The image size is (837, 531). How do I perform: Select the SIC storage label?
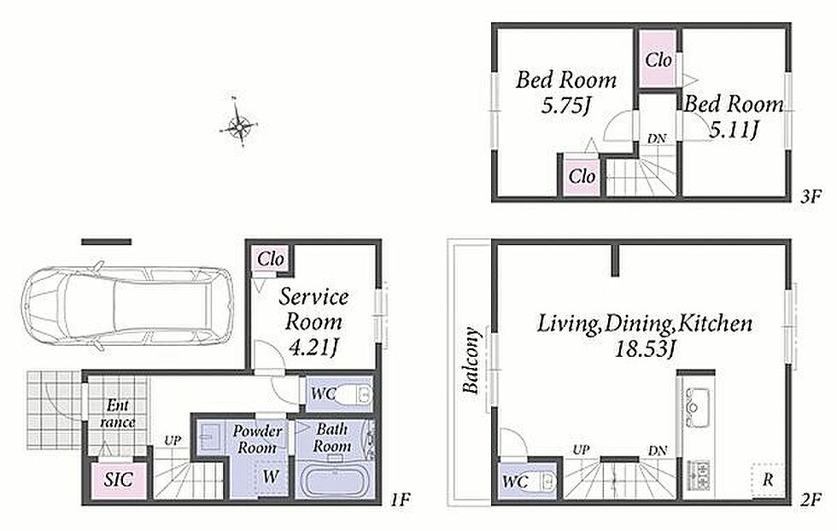pos(118,479)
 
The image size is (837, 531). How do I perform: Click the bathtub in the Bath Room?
pos(332,481)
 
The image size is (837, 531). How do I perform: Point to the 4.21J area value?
pos(313,348)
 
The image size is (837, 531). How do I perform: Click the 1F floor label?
pos(400,500)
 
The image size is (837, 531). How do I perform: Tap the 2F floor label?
pos(810,500)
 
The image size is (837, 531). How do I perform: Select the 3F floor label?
pos(810,196)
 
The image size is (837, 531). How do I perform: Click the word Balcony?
pos(471,360)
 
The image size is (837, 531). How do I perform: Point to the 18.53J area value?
pos(646,349)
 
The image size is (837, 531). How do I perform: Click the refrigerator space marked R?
pos(768,479)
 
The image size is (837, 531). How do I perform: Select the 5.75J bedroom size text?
pos(566,106)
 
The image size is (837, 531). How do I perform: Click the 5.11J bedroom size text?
pos(734,129)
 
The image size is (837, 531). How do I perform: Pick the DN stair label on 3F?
pos(657,138)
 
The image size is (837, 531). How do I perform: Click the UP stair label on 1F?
pos(172,441)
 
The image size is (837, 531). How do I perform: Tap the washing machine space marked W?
pos(271,476)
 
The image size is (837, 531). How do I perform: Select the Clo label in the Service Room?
pos(271,260)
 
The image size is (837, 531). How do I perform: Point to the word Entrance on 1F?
pos(118,413)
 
